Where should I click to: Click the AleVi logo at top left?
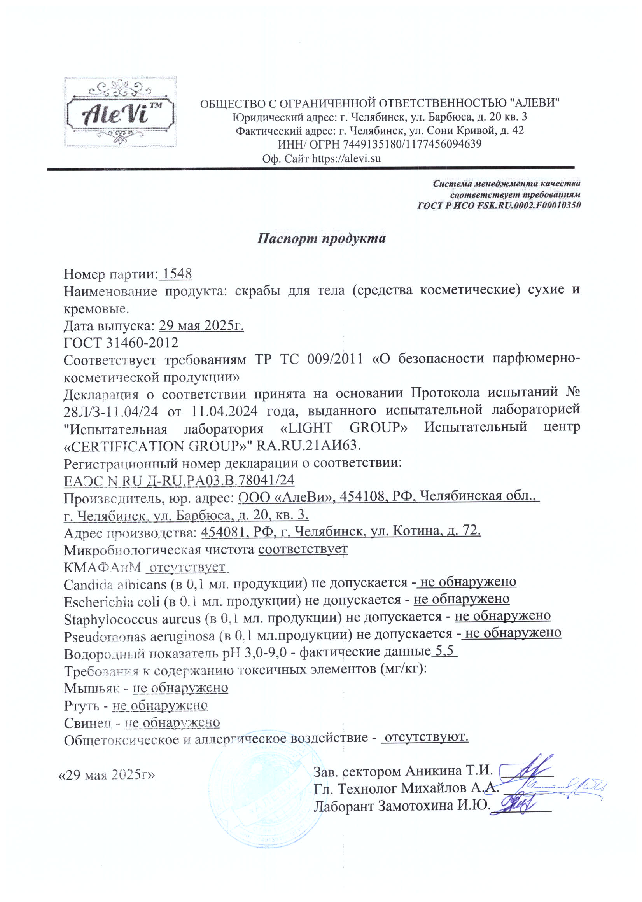pyautogui.click(x=120, y=112)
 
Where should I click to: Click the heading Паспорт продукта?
pyautogui.click(x=322, y=238)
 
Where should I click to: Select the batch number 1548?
pyautogui.click(x=177, y=274)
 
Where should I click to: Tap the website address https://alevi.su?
pyautogui.click(x=346, y=159)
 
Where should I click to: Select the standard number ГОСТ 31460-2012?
pyautogui.click(x=121, y=342)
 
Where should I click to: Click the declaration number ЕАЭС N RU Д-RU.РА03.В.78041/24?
pyautogui.click(x=179, y=480)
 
